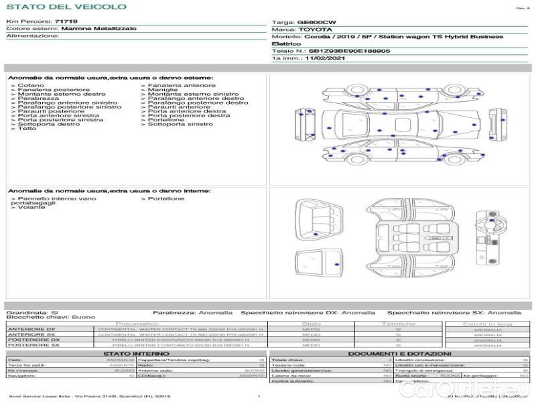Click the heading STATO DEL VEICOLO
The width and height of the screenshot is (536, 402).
(x=66, y=7)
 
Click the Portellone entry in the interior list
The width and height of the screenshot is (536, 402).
(x=165, y=199)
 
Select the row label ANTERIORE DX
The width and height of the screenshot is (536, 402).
(x=31, y=329)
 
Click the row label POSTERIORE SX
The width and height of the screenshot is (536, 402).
(x=32, y=345)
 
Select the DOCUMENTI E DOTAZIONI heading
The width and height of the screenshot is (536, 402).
(x=400, y=354)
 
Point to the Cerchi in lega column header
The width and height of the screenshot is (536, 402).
(x=487, y=324)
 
